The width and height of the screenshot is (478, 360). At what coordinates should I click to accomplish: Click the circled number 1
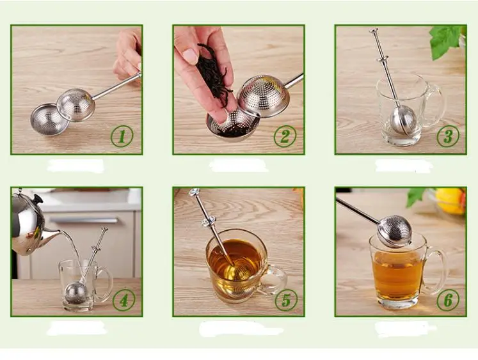tap(122, 136)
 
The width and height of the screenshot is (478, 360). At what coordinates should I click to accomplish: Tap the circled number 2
tap(285, 136)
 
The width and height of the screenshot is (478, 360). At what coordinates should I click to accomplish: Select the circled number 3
tap(448, 136)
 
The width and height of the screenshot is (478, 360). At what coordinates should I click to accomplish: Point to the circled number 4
tap(123, 300)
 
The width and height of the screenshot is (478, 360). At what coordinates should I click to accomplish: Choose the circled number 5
tap(286, 300)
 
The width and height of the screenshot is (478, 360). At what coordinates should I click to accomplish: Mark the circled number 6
tap(448, 300)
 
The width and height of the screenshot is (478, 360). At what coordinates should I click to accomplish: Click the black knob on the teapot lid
tap(38, 199)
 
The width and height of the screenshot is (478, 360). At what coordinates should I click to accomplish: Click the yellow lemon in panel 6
tap(450, 201)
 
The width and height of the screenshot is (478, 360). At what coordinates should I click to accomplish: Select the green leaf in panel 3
tap(446, 40)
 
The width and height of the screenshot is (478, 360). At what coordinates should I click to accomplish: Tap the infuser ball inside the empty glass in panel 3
tap(402, 120)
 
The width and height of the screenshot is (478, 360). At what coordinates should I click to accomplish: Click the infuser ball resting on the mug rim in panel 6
tap(395, 231)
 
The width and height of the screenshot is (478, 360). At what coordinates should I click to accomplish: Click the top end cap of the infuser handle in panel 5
tap(194, 192)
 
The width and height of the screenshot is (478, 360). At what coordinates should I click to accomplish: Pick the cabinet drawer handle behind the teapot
tap(83, 220)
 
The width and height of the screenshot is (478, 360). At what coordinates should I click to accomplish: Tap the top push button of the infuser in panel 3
tap(374, 31)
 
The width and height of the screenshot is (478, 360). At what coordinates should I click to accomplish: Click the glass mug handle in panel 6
tap(436, 270)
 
